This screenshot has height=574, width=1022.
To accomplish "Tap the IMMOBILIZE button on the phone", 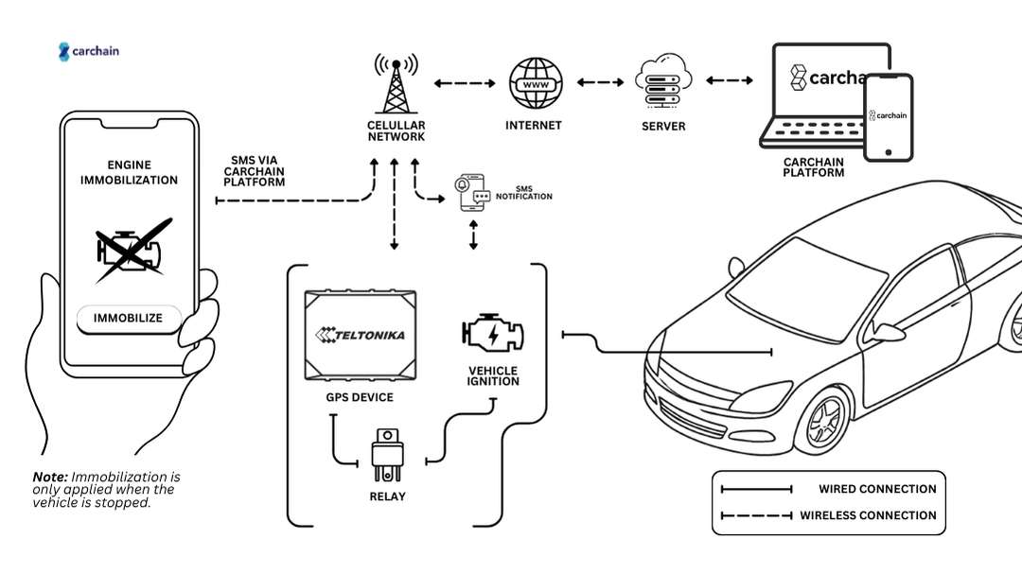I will pos(128,319).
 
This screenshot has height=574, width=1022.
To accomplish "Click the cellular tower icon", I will pos(396,84).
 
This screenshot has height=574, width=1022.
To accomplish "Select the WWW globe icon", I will pos(535,84).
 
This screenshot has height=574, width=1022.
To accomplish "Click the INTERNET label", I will pos(534,126).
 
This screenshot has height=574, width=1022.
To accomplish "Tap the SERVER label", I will pos(662,127).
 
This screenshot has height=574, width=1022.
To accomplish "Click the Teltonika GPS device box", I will pos(361,335).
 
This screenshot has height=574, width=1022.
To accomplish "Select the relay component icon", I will pos(388,452).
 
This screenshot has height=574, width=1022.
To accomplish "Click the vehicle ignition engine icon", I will pos(492,335).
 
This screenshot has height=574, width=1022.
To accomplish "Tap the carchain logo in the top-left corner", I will pos(89,51).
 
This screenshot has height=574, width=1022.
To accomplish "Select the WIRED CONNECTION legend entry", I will pos(828,489).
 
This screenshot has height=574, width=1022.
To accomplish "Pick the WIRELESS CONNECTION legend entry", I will pos(828,515).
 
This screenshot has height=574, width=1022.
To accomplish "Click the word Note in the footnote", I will pos(49,477).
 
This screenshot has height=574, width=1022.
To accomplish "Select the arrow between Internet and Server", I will pos(600,83).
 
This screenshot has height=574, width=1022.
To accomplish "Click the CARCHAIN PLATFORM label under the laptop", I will pos(814,167).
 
